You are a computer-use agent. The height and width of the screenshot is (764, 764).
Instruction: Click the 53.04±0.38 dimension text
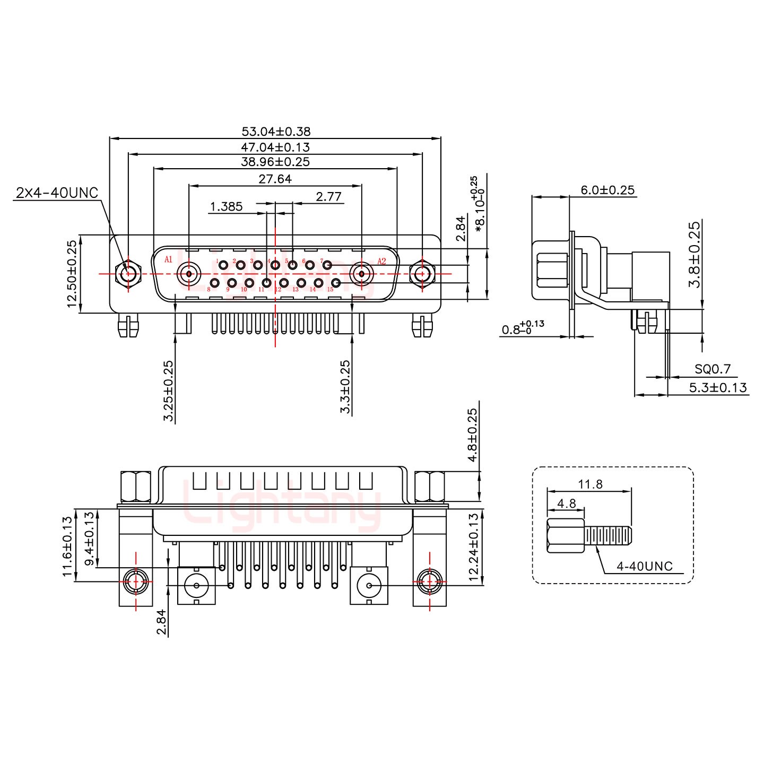pos(276,131)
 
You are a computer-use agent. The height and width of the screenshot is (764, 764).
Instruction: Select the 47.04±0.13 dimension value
pos(275,147)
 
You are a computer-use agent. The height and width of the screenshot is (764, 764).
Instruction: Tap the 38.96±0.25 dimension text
pos(275,162)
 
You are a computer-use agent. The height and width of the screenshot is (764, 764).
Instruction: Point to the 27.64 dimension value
pos(275,179)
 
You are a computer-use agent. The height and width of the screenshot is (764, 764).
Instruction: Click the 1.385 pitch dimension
pos(227,206)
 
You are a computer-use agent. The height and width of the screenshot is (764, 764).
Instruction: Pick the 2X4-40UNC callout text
pos(57,193)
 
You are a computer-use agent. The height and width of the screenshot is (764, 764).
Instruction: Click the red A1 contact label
pos(169,259)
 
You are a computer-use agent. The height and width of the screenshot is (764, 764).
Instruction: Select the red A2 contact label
pos(381,261)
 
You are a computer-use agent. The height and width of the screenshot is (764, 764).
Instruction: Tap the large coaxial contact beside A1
pos(189,274)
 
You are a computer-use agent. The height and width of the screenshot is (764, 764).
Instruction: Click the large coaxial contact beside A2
pos(361,274)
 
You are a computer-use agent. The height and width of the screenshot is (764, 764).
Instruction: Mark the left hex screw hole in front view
pos(128,274)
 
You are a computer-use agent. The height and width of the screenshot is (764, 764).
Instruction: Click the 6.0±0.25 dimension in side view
pos(607,190)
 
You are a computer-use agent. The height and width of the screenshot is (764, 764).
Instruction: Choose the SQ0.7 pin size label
pos(713,369)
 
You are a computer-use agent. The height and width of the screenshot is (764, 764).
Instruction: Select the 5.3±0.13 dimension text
pos(718,388)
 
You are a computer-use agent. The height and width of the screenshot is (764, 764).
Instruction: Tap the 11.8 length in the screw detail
pos(590,484)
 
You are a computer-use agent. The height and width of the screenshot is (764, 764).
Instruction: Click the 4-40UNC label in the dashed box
pos(644,567)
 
